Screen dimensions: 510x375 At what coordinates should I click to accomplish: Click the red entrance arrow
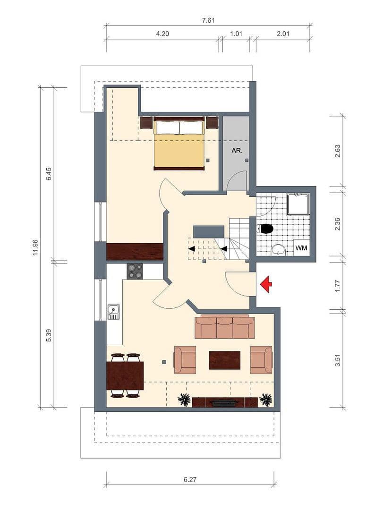pos(266,284)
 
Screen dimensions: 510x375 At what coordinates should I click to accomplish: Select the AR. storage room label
pos(236,152)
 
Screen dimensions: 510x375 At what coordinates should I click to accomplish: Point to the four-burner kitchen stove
pos(135,271)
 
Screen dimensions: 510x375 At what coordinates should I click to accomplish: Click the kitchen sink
pos(113,312)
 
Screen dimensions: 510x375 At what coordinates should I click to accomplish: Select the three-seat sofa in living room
pos(224,327)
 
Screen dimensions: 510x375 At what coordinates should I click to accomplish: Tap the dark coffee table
pos(224,360)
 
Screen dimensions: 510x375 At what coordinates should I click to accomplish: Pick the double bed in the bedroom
pos(179,144)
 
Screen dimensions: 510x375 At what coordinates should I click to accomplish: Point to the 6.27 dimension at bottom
pos(189,479)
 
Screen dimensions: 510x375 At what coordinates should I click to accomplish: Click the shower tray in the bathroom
pos(298,204)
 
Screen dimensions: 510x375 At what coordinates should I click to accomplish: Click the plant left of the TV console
pos(184,399)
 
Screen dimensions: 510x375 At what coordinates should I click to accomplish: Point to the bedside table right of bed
pos(212,123)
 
